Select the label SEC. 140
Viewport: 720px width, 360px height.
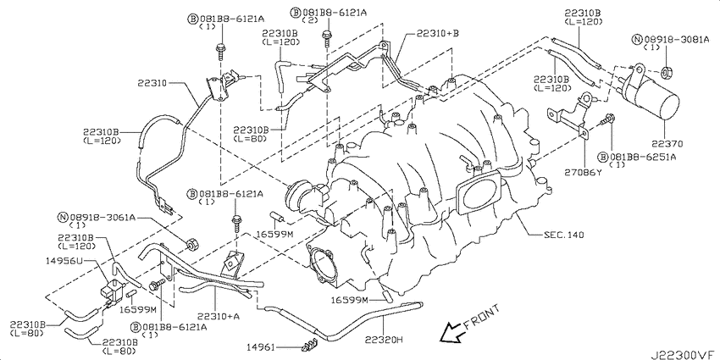564,235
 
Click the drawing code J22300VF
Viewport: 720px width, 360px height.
684,354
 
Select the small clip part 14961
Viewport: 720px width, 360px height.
310,346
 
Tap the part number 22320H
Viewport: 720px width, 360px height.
384,340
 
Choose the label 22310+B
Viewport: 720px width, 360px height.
438,33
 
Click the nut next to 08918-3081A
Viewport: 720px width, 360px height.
666,73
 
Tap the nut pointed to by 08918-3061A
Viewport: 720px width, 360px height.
192,245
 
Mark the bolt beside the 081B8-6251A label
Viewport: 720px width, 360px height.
607,121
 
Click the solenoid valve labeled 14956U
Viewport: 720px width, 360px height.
109,291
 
